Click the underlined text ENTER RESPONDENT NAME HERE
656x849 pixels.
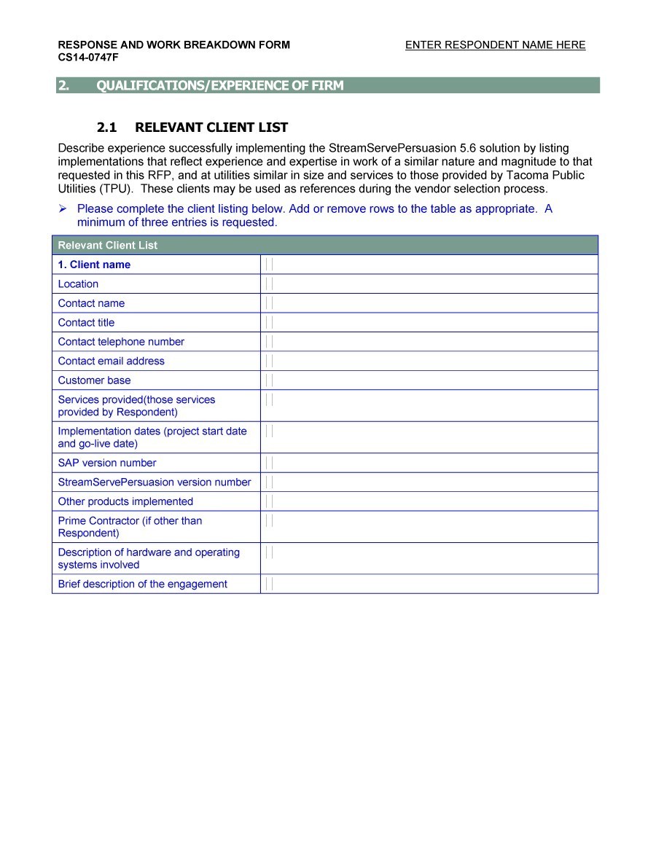pyautogui.click(x=495, y=45)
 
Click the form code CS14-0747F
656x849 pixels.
pyautogui.click(x=88, y=57)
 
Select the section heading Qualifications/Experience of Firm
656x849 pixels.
pyautogui.click(x=219, y=86)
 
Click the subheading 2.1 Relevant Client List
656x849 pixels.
pyautogui.click(x=192, y=128)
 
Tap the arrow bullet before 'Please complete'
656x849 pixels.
pyautogui.click(x=63, y=209)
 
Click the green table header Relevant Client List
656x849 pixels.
pyautogui.click(x=107, y=246)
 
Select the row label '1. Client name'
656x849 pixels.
pyautogui.click(x=94, y=265)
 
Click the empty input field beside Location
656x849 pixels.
pyautogui.click(x=429, y=284)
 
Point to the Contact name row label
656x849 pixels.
pyautogui.click(x=91, y=303)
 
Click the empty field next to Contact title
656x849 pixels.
pyautogui.click(x=429, y=323)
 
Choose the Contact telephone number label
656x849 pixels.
pyautogui.click(x=121, y=342)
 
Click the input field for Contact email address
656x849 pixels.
pyautogui.click(x=429, y=361)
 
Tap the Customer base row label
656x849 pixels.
pyautogui.click(x=94, y=380)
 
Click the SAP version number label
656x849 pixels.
pyautogui.click(x=106, y=463)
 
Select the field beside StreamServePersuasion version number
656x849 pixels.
pyautogui.click(x=429, y=482)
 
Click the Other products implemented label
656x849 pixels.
pyautogui.click(x=125, y=501)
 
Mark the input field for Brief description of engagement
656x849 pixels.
pyautogui.click(x=429, y=584)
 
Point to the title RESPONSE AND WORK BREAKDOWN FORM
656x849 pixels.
pyautogui.click(x=173, y=45)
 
